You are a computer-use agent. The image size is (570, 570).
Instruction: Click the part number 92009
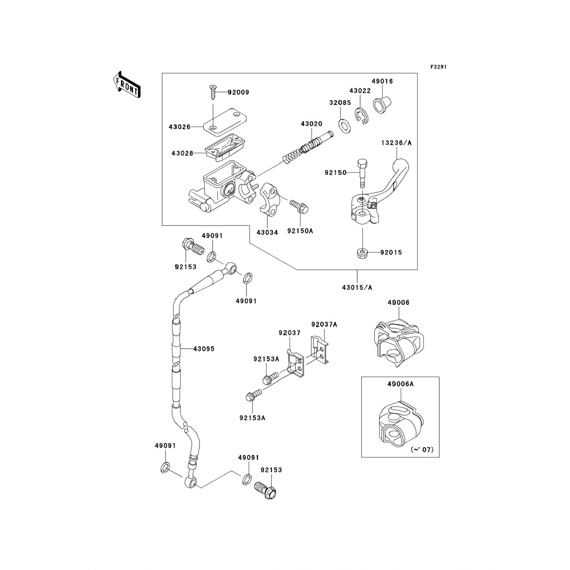click(238, 92)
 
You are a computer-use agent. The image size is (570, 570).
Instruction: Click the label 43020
click(311, 124)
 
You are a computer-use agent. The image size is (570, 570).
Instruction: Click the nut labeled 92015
click(363, 252)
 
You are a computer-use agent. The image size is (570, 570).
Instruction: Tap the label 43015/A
click(357, 287)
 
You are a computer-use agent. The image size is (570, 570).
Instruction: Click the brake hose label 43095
click(204, 349)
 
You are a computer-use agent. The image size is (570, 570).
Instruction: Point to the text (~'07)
click(422, 450)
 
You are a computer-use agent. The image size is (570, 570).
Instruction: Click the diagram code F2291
click(438, 66)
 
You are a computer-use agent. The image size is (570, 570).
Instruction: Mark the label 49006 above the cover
click(398, 303)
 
